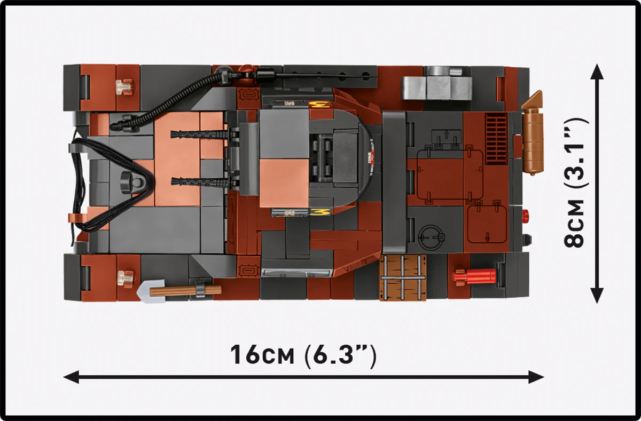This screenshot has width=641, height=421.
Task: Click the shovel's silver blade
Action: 146,292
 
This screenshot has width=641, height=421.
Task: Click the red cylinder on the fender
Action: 475,276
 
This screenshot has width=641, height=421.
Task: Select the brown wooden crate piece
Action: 403,277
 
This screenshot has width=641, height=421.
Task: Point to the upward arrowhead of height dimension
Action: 597,72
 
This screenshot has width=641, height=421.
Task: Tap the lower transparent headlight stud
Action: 124,276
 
